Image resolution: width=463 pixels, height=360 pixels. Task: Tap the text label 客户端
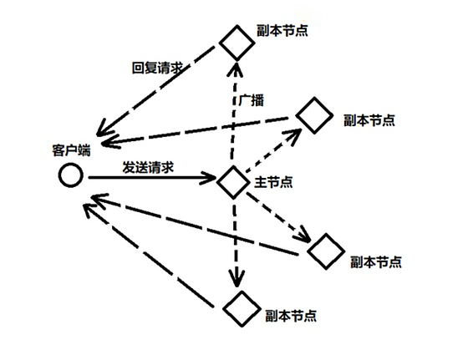pyautogui.click(x=72, y=150)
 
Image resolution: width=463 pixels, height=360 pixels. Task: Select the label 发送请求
pyautogui.click(x=148, y=167)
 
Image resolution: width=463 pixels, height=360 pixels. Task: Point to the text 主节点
pyautogui.click(x=273, y=182)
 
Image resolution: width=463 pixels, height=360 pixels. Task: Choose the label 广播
pyautogui.click(x=251, y=100)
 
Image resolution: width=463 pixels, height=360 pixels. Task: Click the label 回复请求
pyautogui.click(x=158, y=68)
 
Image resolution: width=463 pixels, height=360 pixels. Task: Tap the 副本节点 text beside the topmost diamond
pyautogui.click(x=282, y=30)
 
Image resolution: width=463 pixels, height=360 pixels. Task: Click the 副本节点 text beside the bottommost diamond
pyautogui.click(x=291, y=316)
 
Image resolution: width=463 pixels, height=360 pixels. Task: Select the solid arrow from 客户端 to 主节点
pyautogui.click(x=152, y=178)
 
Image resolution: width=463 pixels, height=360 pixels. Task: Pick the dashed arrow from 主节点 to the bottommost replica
pyautogui.click(x=235, y=242)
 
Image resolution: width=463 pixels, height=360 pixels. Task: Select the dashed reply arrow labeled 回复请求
pyautogui.click(x=155, y=91)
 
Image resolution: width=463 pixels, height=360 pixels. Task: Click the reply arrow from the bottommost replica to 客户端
pyautogui.click(x=149, y=256)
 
